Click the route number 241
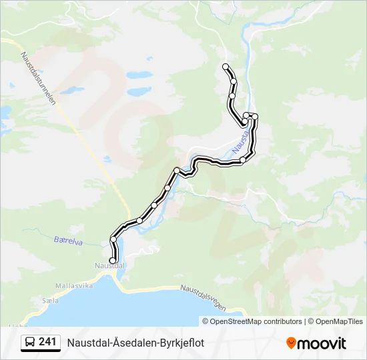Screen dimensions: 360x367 click(47, 342)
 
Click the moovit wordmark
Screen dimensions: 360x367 click(322, 343)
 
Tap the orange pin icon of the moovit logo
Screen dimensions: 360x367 click(292, 343)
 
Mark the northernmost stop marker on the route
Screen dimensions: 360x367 click(226, 67)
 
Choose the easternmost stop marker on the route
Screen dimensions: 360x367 click(255, 117)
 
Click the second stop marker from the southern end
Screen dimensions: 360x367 click(113, 239)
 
